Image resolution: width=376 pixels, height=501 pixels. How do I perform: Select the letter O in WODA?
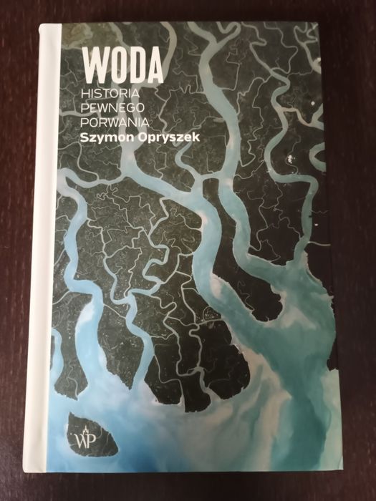coord(118,65)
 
